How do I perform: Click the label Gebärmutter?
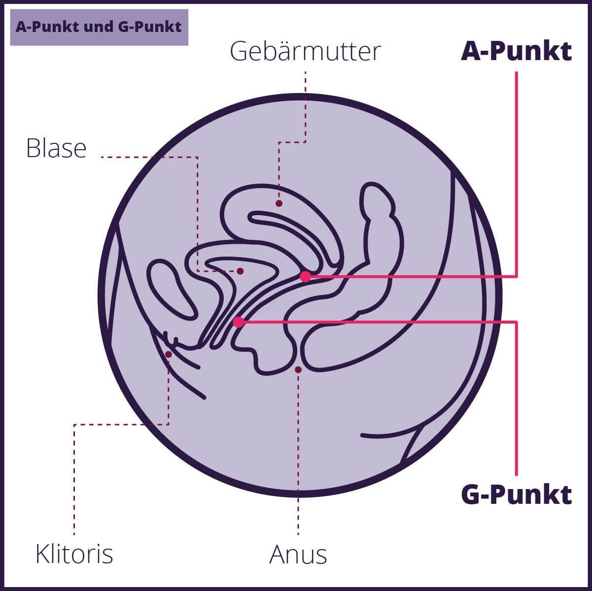click(x=305, y=51)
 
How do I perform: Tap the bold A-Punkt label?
click(x=516, y=51)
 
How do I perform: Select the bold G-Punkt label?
click(x=516, y=494)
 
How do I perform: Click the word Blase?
click(x=56, y=148)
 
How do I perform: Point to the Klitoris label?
click(x=74, y=554)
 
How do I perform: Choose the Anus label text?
click(x=298, y=555)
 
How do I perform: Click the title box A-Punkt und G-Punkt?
click(x=99, y=27)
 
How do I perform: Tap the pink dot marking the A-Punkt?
click(x=306, y=277)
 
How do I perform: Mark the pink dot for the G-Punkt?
click(x=239, y=322)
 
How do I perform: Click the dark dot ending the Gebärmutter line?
click(x=279, y=203)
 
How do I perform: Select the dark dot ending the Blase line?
click(x=241, y=271)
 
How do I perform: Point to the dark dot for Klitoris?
click(x=169, y=354)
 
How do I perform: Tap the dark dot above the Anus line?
click(x=298, y=369)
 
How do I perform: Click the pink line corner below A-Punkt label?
click(x=516, y=277)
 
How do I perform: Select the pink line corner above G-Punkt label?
click(x=516, y=322)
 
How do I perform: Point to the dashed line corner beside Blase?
click(x=198, y=157)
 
